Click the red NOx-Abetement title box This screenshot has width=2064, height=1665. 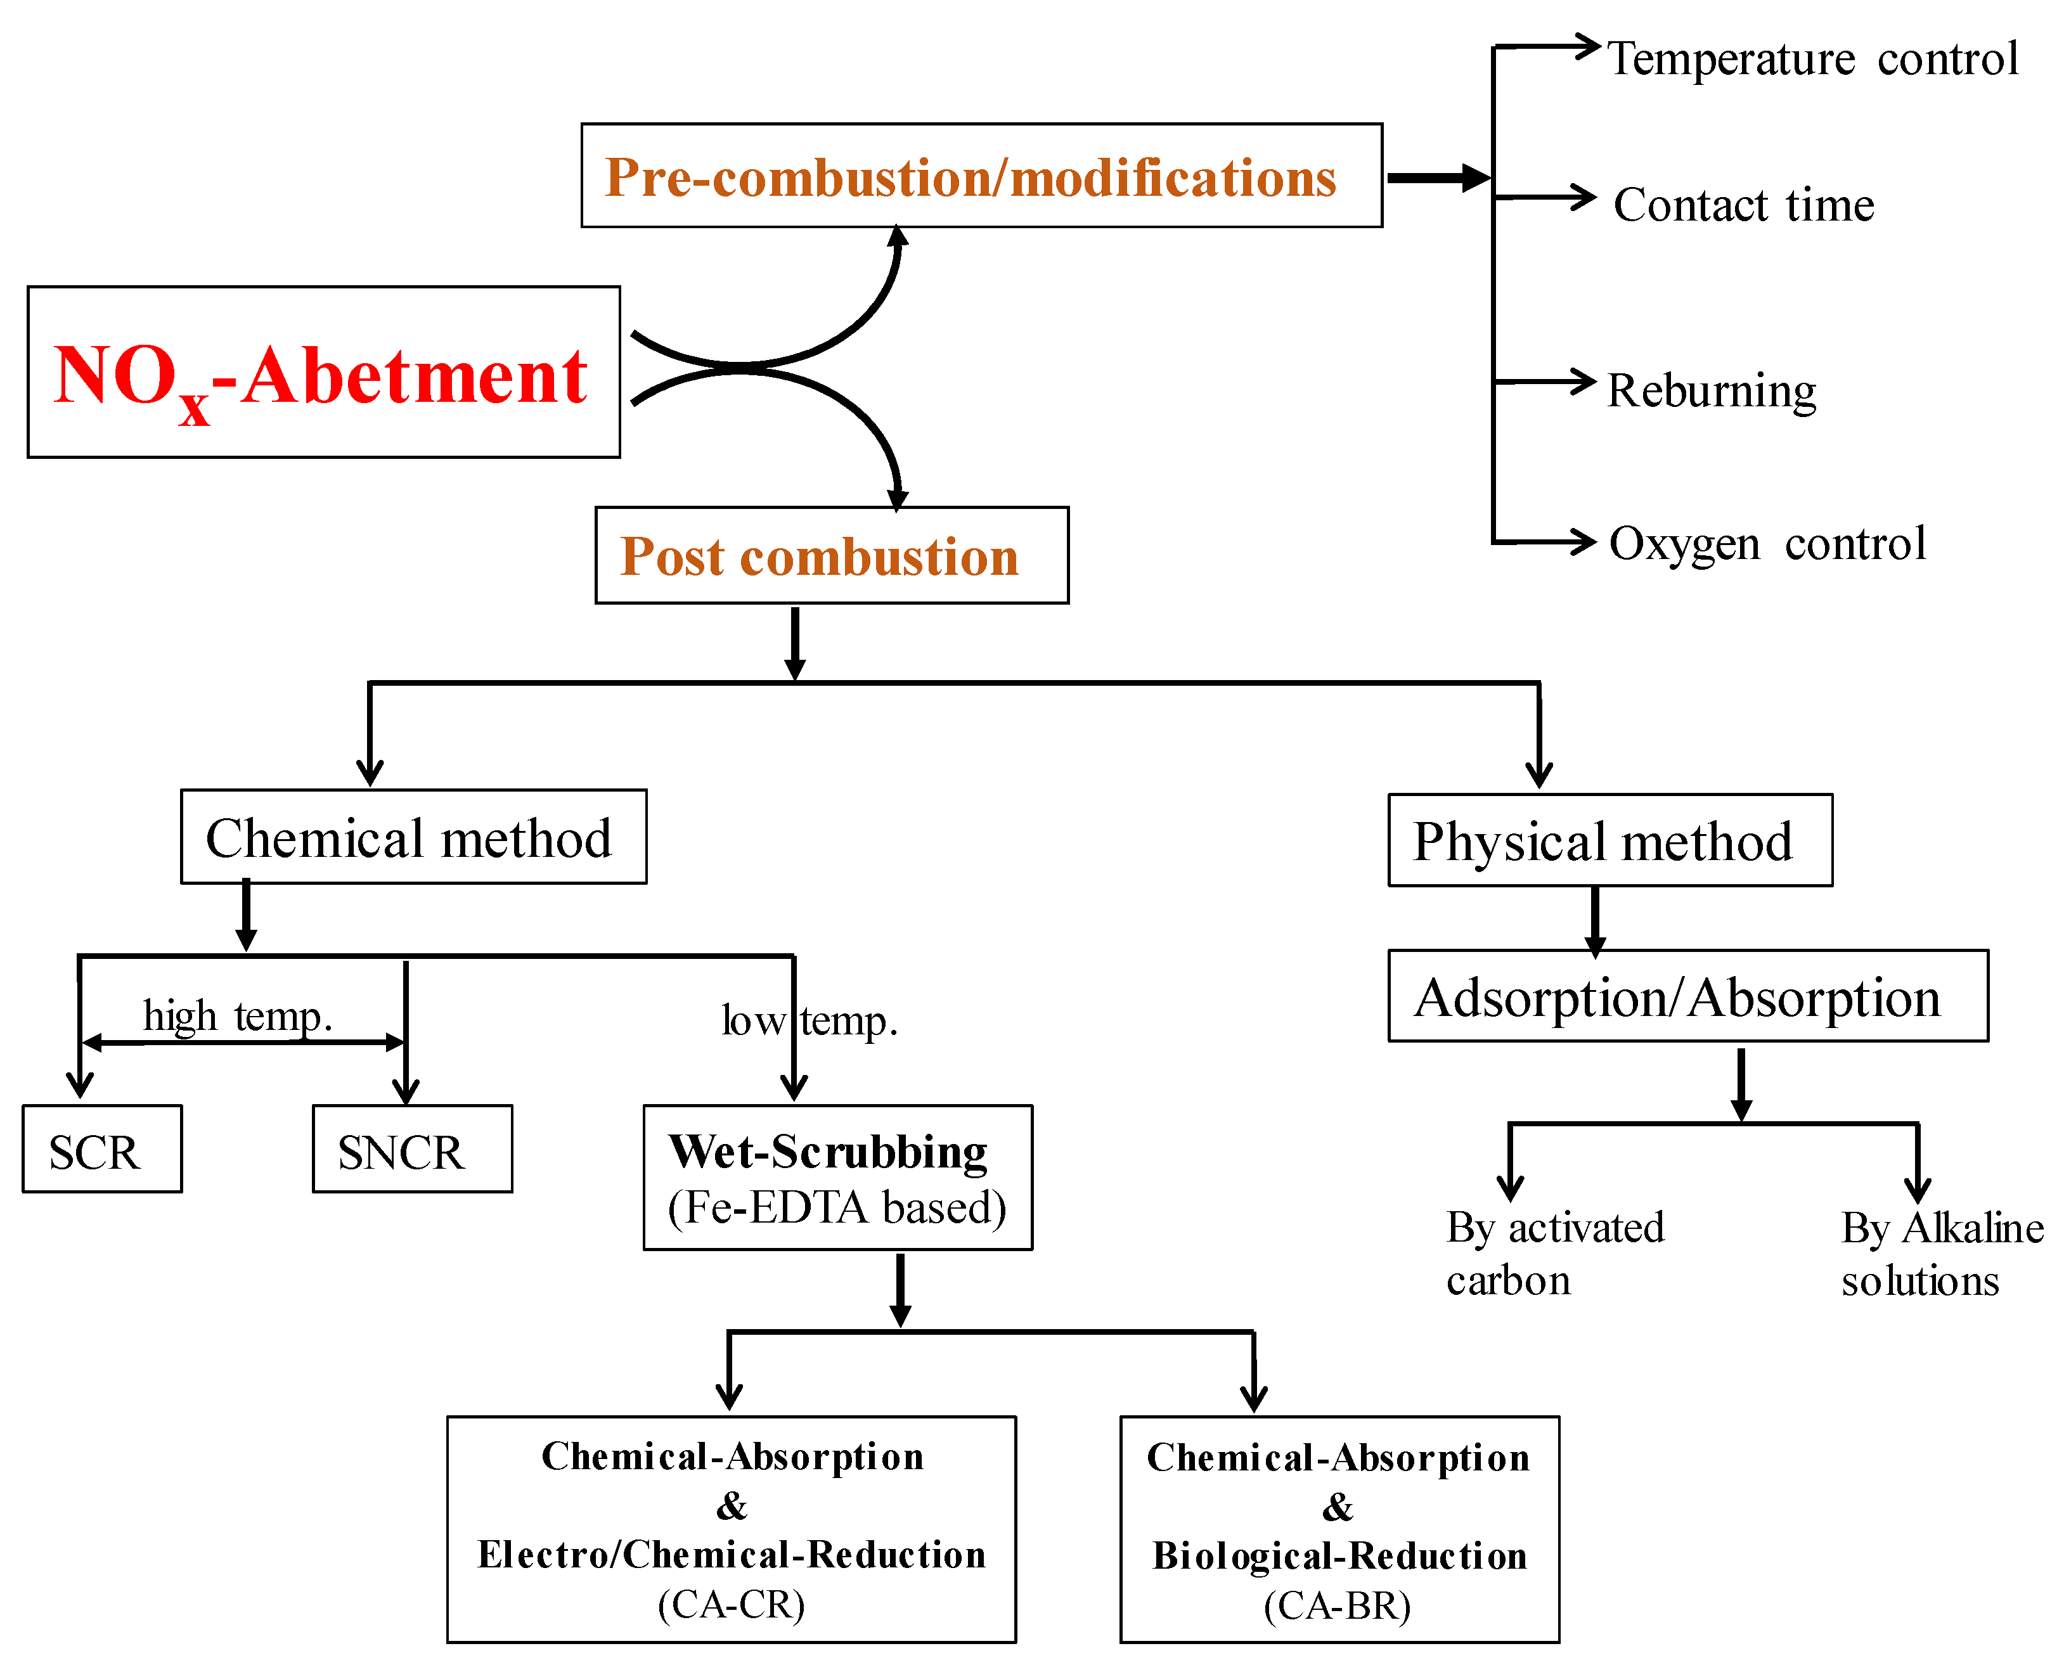click(323, 372)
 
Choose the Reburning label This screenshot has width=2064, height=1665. click(1711, 390)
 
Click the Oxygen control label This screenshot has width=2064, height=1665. click(1767, 544)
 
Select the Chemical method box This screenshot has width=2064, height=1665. click(413, 837)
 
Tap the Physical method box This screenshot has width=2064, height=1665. click(1609, 841)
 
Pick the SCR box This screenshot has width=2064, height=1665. click(101, 1149)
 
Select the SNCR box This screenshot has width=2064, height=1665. click(411, 1149)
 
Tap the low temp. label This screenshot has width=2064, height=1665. click(808, 1020)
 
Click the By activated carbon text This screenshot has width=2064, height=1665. click(1554, 1252)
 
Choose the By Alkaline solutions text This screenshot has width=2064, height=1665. click(1940, 1252)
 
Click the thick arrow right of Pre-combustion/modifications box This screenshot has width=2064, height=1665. click(1436, 177)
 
